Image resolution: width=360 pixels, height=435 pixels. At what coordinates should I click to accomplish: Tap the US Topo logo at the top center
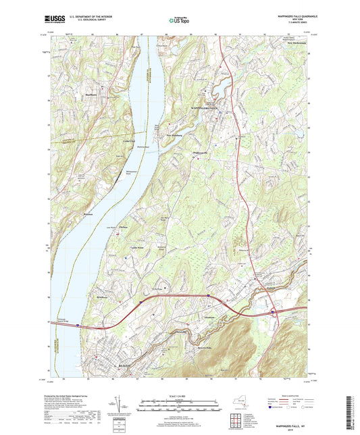pos(179,21)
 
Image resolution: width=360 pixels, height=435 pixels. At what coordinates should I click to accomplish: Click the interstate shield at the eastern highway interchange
pos(272,312)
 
